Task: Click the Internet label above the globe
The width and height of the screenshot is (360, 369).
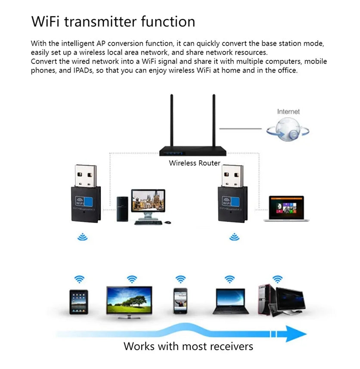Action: tap(288, 112)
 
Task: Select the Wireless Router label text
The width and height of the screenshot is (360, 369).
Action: tap(194, 163)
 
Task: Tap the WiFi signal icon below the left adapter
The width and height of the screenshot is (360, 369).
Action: tap(82, 237)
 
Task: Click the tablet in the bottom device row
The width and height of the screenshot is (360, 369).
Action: tap(79, 301)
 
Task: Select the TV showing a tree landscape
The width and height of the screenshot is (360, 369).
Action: tap(129, 301)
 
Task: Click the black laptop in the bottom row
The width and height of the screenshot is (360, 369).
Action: tap(230, 300)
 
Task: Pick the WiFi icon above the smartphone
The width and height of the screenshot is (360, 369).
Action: tap(181, 279)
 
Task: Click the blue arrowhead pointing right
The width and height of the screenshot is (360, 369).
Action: tap(295, 334)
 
